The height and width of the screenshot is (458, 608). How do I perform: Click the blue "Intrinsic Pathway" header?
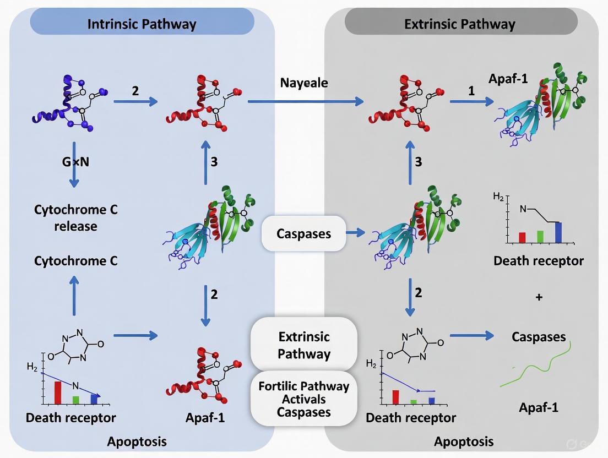[142, 23]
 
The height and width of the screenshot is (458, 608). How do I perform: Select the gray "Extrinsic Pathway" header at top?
[460, 23]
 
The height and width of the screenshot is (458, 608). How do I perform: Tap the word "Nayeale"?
[304, 83]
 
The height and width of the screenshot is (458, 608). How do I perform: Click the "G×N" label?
[75, 163]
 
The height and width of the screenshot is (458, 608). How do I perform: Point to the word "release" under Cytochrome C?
[75, 226]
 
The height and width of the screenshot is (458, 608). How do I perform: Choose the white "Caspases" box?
[303, 233]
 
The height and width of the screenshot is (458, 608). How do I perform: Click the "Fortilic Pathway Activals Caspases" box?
[303, 399]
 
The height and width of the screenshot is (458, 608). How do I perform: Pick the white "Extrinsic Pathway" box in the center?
[303, 345]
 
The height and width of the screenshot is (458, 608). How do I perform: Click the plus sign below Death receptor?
[539, 297]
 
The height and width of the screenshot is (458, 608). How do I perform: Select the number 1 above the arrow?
[471, 91]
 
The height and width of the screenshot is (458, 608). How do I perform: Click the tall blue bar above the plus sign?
[558, 232]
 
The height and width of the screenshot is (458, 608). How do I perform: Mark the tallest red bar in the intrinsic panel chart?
[57, 392]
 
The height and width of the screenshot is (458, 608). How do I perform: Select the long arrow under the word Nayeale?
[306, 101]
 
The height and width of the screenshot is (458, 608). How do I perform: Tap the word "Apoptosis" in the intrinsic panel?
[137, 441]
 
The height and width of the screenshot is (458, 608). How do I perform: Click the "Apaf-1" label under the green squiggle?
[539, 408]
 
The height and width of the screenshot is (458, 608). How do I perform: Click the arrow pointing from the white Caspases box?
[355, 233]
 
